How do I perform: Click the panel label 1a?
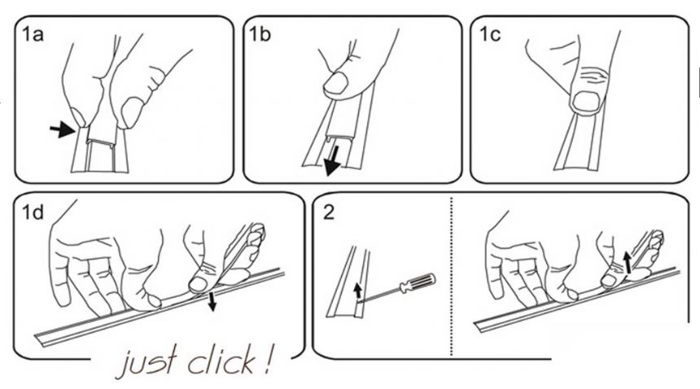tap(33, 34)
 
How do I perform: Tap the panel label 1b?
tap(260, 34)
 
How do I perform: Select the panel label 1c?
tap(490, 34)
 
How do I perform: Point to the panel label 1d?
tap(33, 212)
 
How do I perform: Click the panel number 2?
tap(328, 212)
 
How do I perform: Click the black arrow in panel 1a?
tap(62, 130)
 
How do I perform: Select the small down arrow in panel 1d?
tap(212, 302)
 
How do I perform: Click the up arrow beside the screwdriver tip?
tap(357, 290)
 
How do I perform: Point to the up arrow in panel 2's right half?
tap(628, 262)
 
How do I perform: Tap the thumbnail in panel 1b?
tap(335, 84)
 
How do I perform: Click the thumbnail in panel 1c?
tap(586, 101)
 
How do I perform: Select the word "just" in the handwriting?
tap(146, 361)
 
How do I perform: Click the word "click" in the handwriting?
tap(222, 361)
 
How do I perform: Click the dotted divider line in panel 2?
tap(452, 277)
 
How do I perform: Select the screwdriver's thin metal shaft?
tap(380, 295)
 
